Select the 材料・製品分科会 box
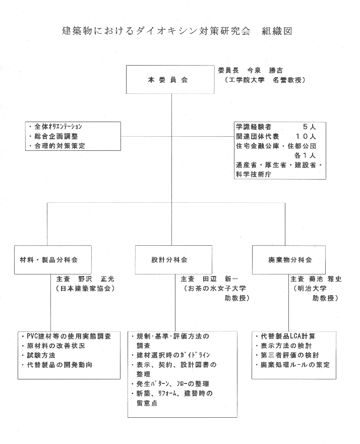click(53, 260)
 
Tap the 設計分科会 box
click(171, 260)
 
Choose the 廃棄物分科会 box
click(290, 260)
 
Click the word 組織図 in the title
click(276, 31)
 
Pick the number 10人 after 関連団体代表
click(306, 136)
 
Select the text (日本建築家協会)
click(86, 289)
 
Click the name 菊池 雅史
click(324, 279)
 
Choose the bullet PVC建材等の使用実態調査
click(70, 336)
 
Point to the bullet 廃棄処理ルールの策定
click(295, 364)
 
